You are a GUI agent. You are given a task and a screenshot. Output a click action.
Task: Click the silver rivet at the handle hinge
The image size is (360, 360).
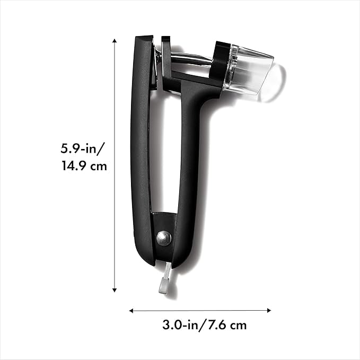[x=164, y=237]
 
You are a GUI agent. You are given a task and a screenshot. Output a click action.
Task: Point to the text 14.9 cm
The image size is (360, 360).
[x=84, y=166]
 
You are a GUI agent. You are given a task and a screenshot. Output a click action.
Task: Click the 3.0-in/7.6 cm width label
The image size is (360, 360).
[x=204, y=324]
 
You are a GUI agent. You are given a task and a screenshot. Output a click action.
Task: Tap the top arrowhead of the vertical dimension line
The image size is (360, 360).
[x=115, y=39]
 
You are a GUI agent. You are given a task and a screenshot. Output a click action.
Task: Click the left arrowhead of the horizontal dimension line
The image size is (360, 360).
[x=131, y=310]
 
